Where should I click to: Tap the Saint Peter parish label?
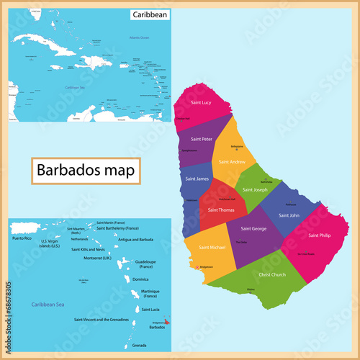click(201, 138)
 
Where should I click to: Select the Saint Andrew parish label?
click(232, 162)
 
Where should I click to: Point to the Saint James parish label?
click(197, 179)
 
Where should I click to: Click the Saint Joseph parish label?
click(254, 190)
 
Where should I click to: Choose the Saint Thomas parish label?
click(220, 210)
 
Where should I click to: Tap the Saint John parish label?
click(289, 215)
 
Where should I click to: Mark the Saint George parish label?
click(253, 229)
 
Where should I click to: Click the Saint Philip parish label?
click(319, 235)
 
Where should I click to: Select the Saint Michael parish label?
click(203, 247)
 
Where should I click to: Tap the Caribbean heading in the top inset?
click(150, 14)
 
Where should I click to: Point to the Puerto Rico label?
click(23, 237)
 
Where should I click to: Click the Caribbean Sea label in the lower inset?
click(44, 305)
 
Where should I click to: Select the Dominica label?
click(140, 279)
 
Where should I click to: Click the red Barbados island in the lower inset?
click(168, 322)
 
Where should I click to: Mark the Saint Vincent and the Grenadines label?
click(100, 318)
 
